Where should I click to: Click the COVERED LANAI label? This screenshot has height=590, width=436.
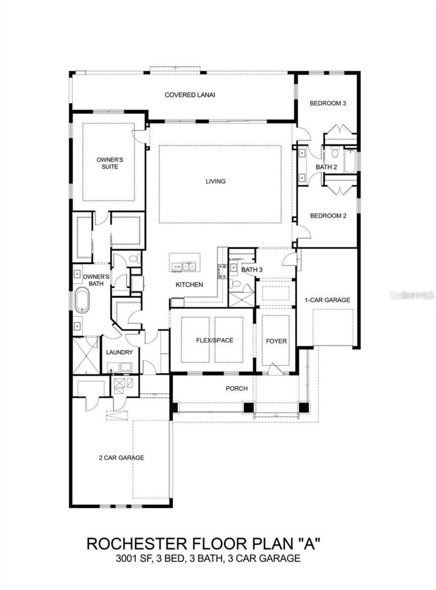(x=190, y=95)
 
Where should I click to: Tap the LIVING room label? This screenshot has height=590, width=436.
(x=215, y=181)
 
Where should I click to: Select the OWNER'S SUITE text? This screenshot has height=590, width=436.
(x=110, y=163)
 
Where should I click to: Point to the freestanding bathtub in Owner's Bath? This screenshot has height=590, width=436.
(x=82, y=300)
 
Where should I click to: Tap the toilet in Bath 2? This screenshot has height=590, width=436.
(x=334, y=153)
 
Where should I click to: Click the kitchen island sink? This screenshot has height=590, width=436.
(x=188, y=266)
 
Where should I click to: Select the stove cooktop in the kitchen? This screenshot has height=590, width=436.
(x=222, y=272)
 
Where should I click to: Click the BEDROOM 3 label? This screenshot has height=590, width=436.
(x=328, y=103)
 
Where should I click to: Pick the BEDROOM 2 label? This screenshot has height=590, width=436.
(x=328, y=216)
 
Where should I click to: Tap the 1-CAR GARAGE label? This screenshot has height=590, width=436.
(x=327, y=300)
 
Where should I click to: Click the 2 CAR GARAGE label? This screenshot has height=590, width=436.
(x=121, y=458)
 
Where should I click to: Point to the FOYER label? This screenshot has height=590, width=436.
(x=276, y=341)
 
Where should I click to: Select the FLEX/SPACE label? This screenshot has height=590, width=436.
(x=215, y=340)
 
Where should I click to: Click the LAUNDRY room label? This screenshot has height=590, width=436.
(x=119, y=352)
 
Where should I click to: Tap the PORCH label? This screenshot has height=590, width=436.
(x=236, y=389)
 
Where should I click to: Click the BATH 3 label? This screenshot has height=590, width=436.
(x=252, y=270)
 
